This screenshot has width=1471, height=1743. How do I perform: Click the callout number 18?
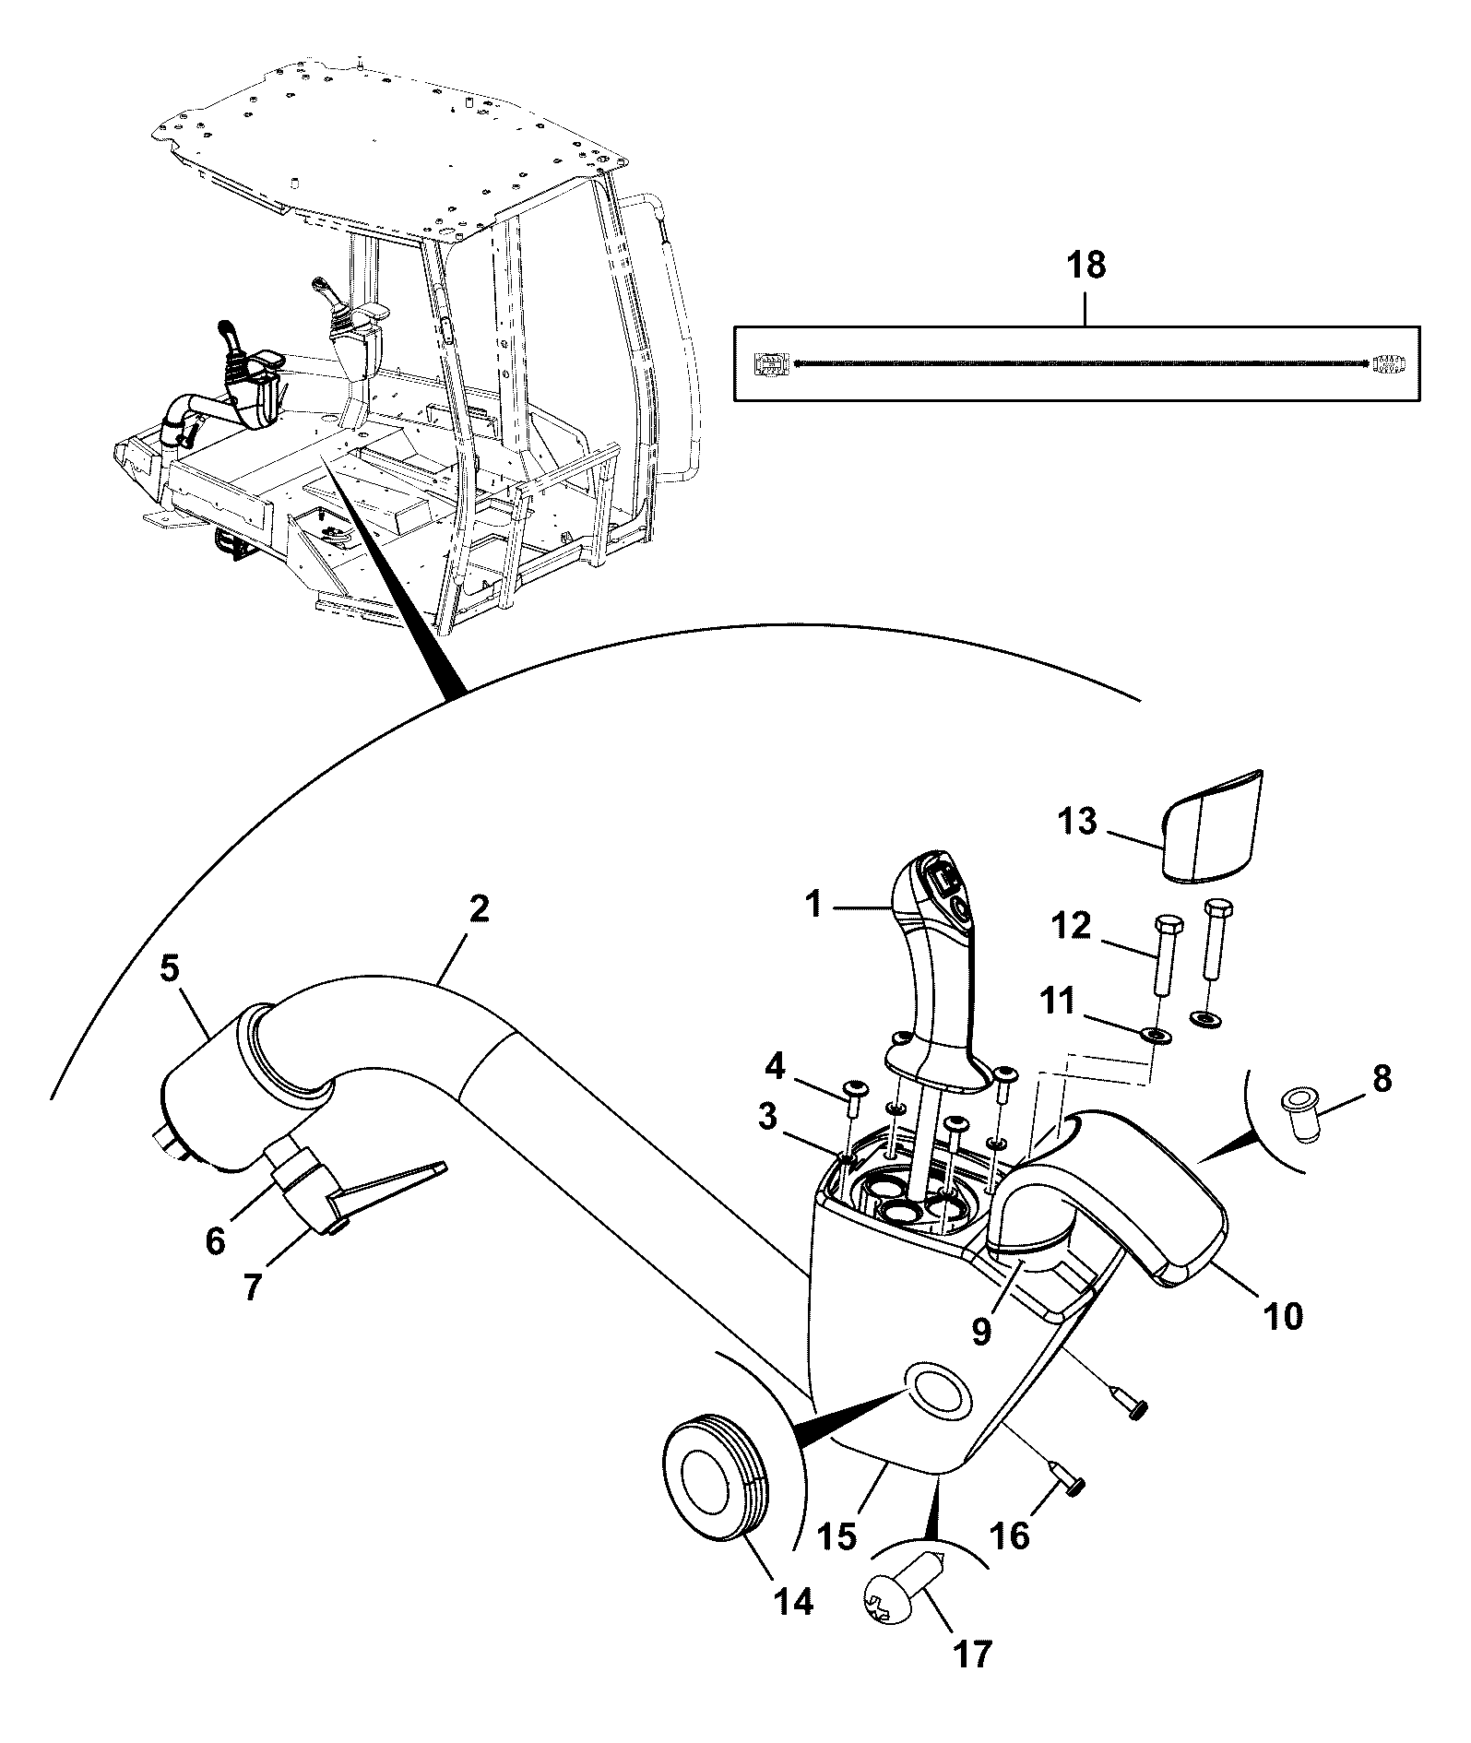coord(1085,266)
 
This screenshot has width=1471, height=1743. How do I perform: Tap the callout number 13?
coord(1076,820)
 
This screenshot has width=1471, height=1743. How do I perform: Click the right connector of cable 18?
coord(1387,362)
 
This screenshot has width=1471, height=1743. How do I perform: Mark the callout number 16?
coord(1012,1535)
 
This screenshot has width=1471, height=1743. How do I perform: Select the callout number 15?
coord(836,1535)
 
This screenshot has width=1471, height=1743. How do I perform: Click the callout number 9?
coord(980,1332)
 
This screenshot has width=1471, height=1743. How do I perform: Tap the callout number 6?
coord(214,1241)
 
